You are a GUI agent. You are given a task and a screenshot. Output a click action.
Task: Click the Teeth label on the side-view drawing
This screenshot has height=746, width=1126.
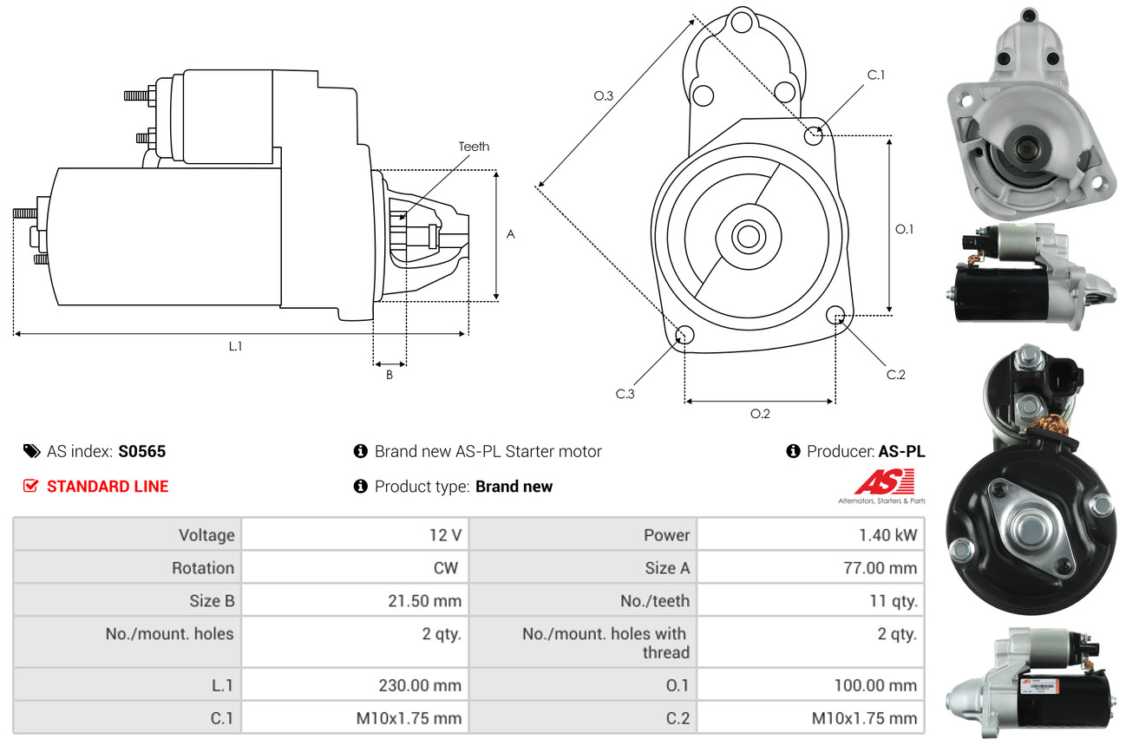(x=474, y=147)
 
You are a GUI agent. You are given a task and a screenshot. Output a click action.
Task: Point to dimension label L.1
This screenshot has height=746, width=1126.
(x=235, y=346)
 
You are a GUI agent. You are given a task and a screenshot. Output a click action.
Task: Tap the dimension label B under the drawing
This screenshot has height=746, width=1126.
(x=390, y=375)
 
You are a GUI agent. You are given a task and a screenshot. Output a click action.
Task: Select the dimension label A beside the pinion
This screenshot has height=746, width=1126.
(x=511, y=234)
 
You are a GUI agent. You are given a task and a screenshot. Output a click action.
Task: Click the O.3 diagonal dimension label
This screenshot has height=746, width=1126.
(x=604, y=95)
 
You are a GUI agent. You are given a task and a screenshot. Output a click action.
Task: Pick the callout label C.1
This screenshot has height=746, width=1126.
(x=876, y=75)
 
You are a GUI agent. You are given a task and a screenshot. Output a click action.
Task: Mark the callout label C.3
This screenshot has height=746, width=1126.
(x=625, y=394)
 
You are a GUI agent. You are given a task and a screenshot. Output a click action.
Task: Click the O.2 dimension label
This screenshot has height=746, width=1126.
(x=760, y=414)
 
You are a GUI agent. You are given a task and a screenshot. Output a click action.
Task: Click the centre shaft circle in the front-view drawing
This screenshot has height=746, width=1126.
(x=745, y=236)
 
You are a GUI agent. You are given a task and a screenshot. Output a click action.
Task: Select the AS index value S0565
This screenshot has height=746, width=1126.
(x=142, y=451)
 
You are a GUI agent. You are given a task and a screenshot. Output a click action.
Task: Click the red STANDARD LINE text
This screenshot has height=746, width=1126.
(x=108, y=487)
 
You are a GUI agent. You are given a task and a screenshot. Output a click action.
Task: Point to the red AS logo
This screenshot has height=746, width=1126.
(x=884, y=482)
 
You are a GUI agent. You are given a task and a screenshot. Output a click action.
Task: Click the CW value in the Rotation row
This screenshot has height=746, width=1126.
(x=451, y=568)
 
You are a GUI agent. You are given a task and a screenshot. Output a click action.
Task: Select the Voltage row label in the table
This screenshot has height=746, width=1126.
(x=206, y=535)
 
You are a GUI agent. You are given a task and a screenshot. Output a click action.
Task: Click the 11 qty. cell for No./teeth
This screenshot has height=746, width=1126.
(x=893, y=600)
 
